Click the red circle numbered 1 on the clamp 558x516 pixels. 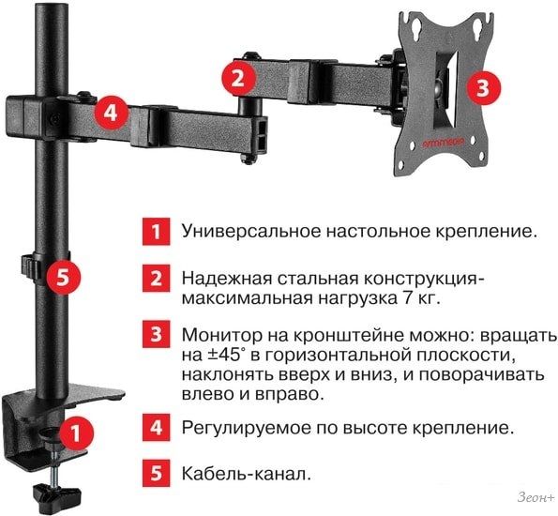coord(75,433)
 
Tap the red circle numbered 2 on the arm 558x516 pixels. coord(237,79)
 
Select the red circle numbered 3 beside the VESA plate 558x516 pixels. coord(483,87)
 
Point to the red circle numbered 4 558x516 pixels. coord(111,114)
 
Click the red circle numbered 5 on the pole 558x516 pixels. coord(64,278)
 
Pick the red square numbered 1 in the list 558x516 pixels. coord(157,232)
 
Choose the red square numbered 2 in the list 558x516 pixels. coord(157,278)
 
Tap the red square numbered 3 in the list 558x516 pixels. coord(157,334)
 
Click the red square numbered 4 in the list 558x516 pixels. coord(157,427)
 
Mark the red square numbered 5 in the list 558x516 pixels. coord(157,473)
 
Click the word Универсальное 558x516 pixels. coord(251,232)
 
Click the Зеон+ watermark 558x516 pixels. coord(536,497)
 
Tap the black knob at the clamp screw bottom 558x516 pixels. coord(57,493)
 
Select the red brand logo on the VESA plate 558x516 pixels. coord(444,143)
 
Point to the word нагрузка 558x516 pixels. coord(356,298)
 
